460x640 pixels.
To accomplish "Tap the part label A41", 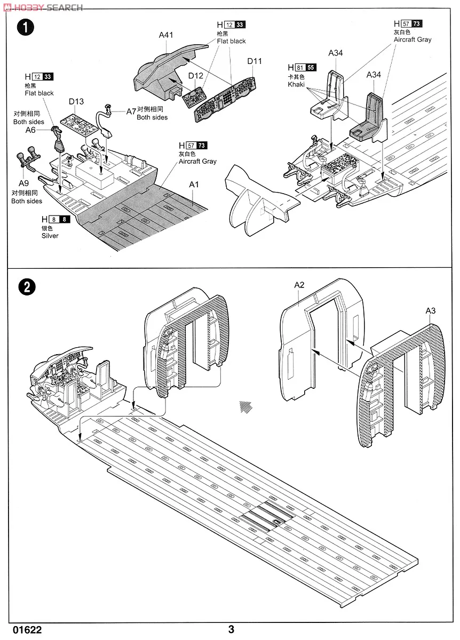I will [x=166, y=35].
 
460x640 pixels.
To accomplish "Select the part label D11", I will [x=255, y=61].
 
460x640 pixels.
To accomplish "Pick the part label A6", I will [x=30, y=130].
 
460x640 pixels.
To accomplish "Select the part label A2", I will [x=299, y=285].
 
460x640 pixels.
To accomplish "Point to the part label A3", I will [x=431, y=311].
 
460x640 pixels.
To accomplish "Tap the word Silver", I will [x=50, y=236].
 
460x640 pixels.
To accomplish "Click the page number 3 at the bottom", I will [x=231, y=629].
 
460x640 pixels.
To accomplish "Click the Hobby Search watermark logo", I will [x=43, y=7].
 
